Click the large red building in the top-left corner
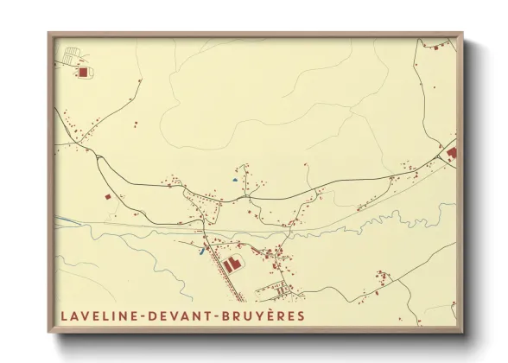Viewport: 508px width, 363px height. click(x=84, y=73)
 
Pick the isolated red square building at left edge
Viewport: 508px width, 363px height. click(x=108, y=197)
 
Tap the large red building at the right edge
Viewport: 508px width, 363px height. click(x=452, y=153)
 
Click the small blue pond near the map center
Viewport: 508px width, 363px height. click(x=234, y=180)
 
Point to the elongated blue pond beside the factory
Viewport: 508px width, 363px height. click(x=203, y=252)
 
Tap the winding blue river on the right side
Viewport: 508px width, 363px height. click(x=406, y=216)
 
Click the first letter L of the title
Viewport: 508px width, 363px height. click(x=64, y=317)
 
